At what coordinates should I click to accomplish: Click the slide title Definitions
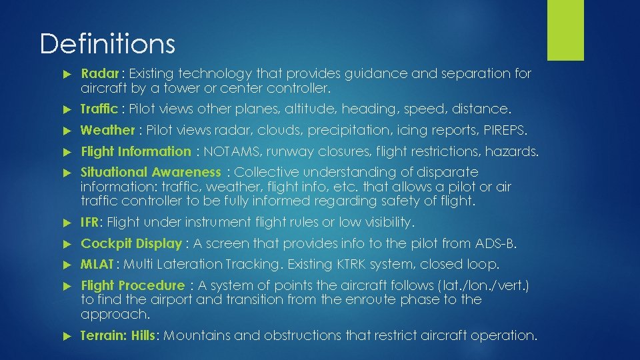[x=107, y=44]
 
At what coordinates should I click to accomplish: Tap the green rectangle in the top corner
[x=565, y=30]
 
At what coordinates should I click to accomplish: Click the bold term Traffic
[x=99, y=108]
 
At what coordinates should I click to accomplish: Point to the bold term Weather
[x=107, y=130]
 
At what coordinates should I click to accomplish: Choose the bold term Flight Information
[x=135, y=151]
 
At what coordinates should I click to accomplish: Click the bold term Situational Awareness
[x=150, y=173]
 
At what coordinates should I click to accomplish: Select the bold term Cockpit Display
[x=131, y=243]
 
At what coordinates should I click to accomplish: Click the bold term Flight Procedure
[x=133, y=286]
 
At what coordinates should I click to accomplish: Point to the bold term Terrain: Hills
[x=117, y=335]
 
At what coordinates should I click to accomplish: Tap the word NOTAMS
[x=227, y=151]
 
